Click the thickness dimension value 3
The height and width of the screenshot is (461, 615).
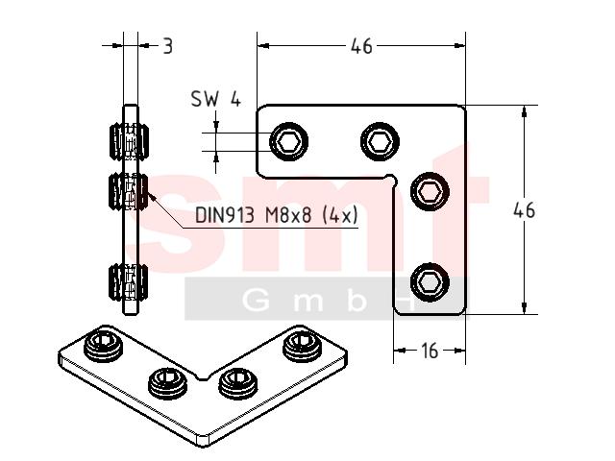167,46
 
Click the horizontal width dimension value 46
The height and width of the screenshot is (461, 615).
361,46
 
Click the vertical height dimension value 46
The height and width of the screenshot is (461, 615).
524,210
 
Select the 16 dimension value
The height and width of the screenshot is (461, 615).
430,351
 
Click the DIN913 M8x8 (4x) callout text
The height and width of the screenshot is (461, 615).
277,215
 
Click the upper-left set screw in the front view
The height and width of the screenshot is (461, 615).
288,141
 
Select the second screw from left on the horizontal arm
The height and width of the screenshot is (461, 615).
380,141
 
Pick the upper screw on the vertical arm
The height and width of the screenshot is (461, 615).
430,192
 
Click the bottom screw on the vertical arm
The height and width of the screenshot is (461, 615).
430,282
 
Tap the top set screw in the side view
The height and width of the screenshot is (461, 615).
129,141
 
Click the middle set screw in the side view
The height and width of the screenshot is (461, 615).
129,192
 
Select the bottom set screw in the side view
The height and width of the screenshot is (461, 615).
129,282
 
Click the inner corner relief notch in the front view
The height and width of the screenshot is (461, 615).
391,179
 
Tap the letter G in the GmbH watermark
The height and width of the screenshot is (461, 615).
257,302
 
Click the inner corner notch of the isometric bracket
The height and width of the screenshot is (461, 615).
203,377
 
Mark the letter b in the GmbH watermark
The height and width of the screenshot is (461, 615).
357,301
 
